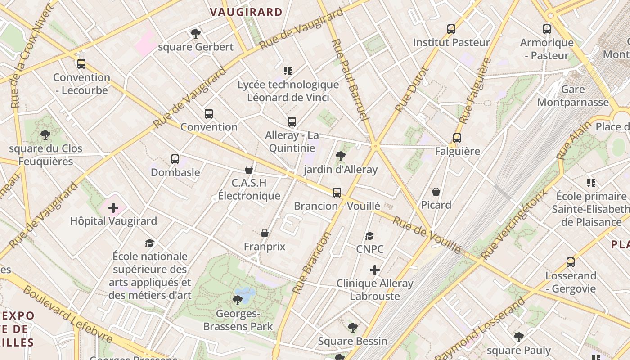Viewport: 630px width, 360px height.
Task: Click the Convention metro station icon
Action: [208, 114]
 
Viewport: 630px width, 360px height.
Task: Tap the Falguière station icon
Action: [457, 138]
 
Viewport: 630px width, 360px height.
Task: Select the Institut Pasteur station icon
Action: [451, 29]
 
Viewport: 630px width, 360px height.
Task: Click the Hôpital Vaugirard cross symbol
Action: [113, 208]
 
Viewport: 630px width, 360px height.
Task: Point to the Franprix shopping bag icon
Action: [265, 233]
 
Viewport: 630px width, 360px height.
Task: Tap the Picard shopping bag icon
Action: [436, 192]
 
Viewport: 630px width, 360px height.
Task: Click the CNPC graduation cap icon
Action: [369, 236]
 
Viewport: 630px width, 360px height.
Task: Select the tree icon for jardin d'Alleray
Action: [341, 156]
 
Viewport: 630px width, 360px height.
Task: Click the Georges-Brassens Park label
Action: [238, 320]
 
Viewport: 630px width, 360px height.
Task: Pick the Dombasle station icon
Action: [175, 159]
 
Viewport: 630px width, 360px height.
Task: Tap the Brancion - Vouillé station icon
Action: [337, 193]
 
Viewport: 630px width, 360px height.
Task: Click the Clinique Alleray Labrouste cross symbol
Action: [374, 270]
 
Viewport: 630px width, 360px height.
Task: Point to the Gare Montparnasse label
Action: [573, 96]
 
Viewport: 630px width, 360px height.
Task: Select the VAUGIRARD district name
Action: [246, 12]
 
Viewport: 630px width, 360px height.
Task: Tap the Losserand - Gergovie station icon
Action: [571, 262]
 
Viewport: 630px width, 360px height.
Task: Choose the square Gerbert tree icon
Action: [195, 33]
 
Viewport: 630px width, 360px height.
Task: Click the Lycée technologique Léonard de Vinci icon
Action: [288, 71]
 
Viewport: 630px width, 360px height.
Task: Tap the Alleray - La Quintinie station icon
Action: [292, 122]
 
